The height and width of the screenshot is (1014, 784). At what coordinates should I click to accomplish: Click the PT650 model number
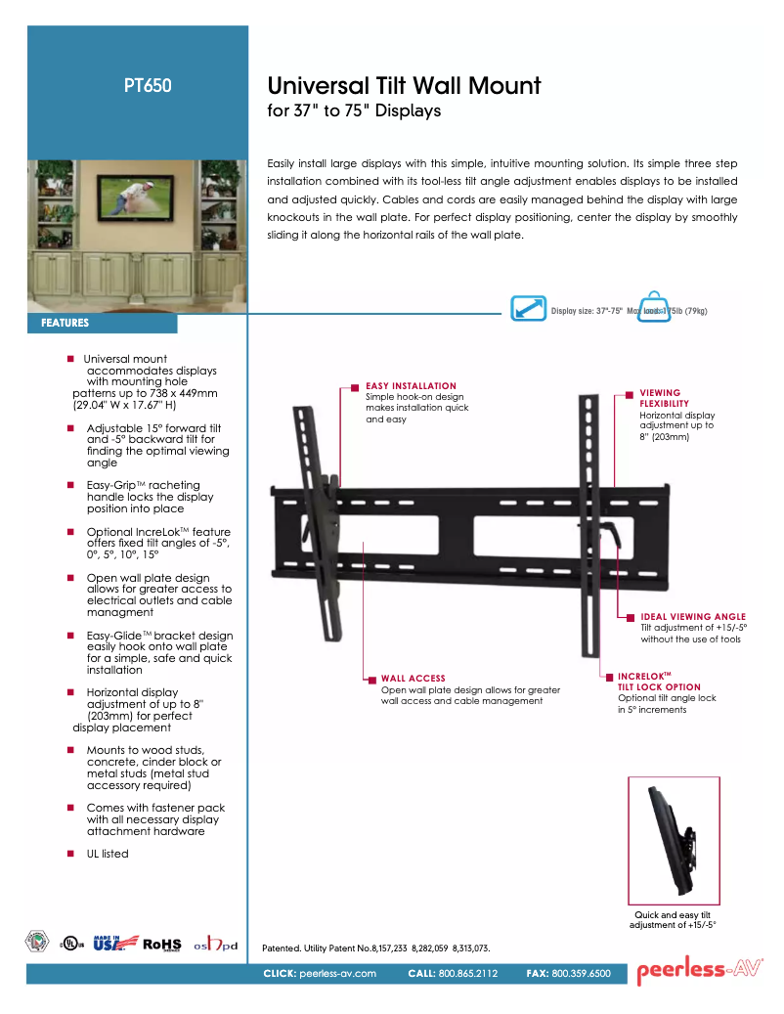click(148, 85)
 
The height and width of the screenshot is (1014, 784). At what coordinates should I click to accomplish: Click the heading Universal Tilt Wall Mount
click(404, 85)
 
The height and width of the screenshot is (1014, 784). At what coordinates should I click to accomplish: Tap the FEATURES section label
click(65, 323)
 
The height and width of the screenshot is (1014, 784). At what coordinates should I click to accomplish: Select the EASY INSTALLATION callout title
click(411, 386)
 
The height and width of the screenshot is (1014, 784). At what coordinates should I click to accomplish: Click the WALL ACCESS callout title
click(413, 678)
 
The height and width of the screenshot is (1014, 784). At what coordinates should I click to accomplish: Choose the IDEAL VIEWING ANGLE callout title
click(693, 617)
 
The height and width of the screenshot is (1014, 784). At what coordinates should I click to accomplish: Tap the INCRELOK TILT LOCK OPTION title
click(659, 682)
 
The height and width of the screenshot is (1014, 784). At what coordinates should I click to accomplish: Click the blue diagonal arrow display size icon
click(529, 307)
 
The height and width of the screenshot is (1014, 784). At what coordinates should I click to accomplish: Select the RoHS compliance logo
click(162, 944)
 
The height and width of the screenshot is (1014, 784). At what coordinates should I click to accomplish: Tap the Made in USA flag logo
click(109, 943)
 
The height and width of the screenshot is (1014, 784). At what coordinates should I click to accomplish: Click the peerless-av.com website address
click(337, 974)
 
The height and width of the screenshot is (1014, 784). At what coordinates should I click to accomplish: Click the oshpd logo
click(215, 944)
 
